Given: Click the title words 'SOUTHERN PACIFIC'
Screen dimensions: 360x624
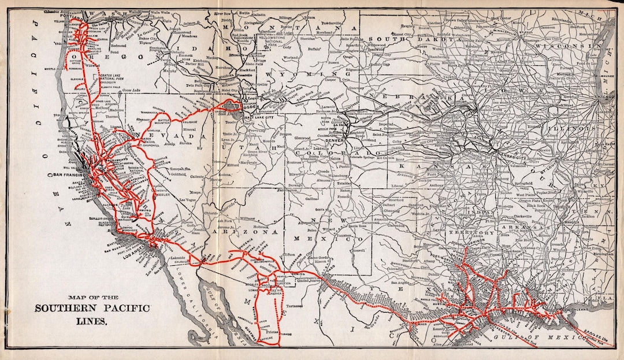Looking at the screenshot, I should pos(92,308).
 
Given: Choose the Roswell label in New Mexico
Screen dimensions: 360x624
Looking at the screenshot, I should pos(358,251).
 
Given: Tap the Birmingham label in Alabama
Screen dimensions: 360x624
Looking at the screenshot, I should pos(603,253).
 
